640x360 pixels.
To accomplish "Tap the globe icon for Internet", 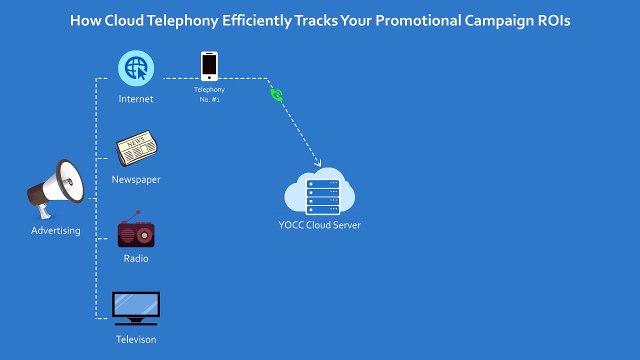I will (x=135, y=69).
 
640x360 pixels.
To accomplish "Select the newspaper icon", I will (x=135, y=150).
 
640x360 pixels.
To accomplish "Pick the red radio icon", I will (x=135, y=232).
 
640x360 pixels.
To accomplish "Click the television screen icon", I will (x=135, y=307).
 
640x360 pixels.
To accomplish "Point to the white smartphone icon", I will (x=209, y=65).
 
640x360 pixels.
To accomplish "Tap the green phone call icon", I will (x=277, y=96).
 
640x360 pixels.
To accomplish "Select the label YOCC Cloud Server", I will (x=320, y=225).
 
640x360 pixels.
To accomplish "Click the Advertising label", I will (x=55, y=232).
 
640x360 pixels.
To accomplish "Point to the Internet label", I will (x=135, y=99).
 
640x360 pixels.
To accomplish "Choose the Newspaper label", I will (x=135, y=180).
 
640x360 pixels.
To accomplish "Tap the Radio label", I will (x=135, y=259).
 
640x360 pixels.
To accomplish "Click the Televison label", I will (x=135, y=340).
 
